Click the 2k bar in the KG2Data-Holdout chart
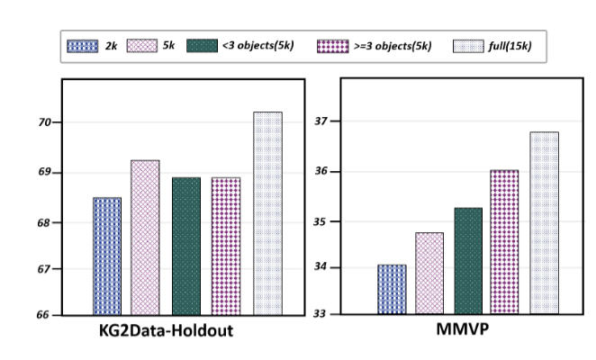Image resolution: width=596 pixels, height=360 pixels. coord(107,256)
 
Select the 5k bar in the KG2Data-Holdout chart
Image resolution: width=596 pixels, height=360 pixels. coord(145,238)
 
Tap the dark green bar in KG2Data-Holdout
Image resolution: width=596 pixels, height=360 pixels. coord(186,247)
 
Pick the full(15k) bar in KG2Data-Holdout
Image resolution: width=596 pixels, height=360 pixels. coord(268,213)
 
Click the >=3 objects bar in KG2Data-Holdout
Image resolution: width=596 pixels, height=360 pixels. coord(226,247)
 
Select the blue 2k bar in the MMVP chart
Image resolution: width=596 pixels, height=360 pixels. coord(392,289)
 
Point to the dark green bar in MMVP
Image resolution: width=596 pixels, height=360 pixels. coord(468,261)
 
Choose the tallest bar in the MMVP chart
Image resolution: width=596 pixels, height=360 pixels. coord(545,223)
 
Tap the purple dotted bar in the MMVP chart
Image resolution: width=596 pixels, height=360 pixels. coord(504,242)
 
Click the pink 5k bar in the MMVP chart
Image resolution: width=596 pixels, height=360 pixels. coord(429,274)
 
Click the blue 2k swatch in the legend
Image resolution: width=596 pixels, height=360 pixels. coord(83,46)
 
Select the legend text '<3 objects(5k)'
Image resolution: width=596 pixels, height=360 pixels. coord(258,46)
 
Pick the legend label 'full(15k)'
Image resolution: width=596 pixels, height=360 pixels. coord(510,46)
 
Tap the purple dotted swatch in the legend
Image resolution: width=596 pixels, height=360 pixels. coord(332,46)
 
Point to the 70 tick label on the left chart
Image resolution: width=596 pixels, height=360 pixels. coord(44,122)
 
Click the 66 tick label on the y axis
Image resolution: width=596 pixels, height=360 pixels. coord(43,315)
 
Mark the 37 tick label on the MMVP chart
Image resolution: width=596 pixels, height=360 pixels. coord(321,121)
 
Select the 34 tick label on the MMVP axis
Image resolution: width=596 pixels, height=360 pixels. coord(320,267)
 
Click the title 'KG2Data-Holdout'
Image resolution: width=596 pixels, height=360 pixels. coord(166,330)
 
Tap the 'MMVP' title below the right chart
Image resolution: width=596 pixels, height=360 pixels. coord(463,328)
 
